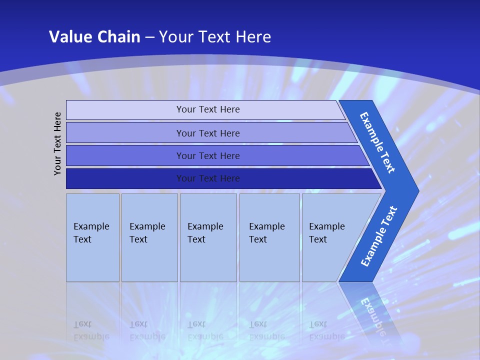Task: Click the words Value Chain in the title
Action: (94, 37)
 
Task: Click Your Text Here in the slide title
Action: (215, 37)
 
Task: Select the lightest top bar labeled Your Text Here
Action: (207, 109)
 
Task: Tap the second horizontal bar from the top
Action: (207, 133)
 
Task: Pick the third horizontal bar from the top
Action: (207, 155)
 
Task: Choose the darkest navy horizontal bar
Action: (207, 178)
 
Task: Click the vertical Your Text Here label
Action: (58, 143)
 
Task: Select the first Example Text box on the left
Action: (92, 237)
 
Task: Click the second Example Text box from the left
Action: (149, 237)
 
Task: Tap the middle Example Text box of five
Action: (208, 237)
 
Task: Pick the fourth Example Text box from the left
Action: (269, 237)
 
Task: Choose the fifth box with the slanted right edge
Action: (330, 237)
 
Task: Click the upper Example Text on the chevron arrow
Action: (377, 142)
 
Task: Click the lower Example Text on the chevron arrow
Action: (379, 236)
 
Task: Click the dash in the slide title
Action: (149, 37)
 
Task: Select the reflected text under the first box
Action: (91, 330)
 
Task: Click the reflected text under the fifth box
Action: (326, 330)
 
